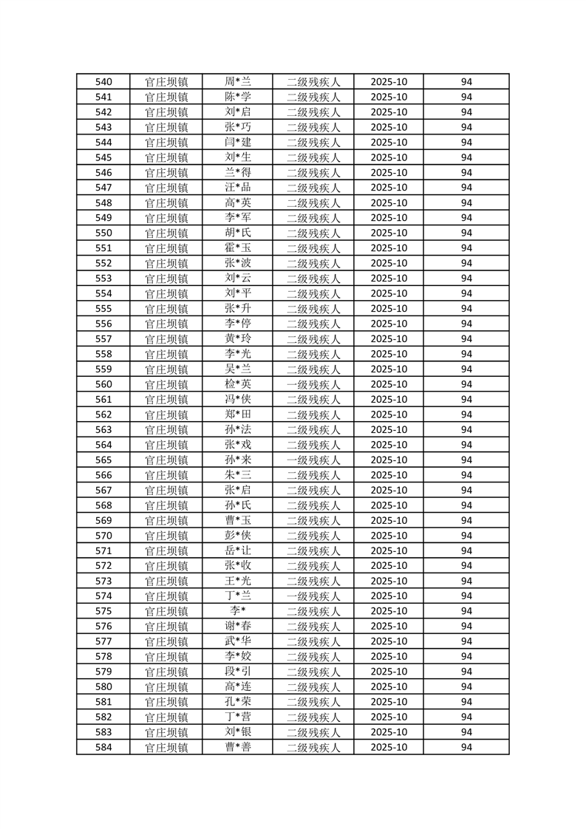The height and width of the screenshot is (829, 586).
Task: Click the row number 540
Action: click(103, 82)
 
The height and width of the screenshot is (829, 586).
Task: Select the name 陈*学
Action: click(237, 97)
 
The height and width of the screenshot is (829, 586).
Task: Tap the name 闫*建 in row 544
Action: click(237, 143)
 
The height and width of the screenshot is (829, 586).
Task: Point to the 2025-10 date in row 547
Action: click(389, 188)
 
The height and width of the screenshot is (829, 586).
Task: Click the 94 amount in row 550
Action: click(466, 233)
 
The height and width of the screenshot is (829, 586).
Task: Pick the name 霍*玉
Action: click(237, 248)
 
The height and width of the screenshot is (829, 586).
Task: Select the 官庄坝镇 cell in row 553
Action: click(166, 279)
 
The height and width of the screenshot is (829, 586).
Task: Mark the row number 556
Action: click(103, 324)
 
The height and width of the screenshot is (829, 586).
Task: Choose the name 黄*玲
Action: click(237, 339)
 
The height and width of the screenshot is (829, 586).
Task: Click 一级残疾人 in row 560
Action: click(313, 385)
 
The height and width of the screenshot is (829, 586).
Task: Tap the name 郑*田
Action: click(237, 414)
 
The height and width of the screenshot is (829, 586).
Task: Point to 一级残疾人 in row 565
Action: click(313, 460)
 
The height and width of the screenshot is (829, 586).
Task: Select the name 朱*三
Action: click(237, 475)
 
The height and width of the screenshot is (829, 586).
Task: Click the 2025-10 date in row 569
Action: click(389, 521)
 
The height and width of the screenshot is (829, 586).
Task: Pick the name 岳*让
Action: click(237, 551)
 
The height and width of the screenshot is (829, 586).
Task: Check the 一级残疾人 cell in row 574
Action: click(313, 596)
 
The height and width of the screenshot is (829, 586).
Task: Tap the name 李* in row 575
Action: click(237, 612)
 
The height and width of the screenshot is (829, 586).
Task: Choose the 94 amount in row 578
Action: click(466, 657)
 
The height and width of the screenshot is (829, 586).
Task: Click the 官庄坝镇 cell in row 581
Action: click(166, 702)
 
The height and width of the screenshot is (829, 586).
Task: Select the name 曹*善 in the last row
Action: click(237, 748)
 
